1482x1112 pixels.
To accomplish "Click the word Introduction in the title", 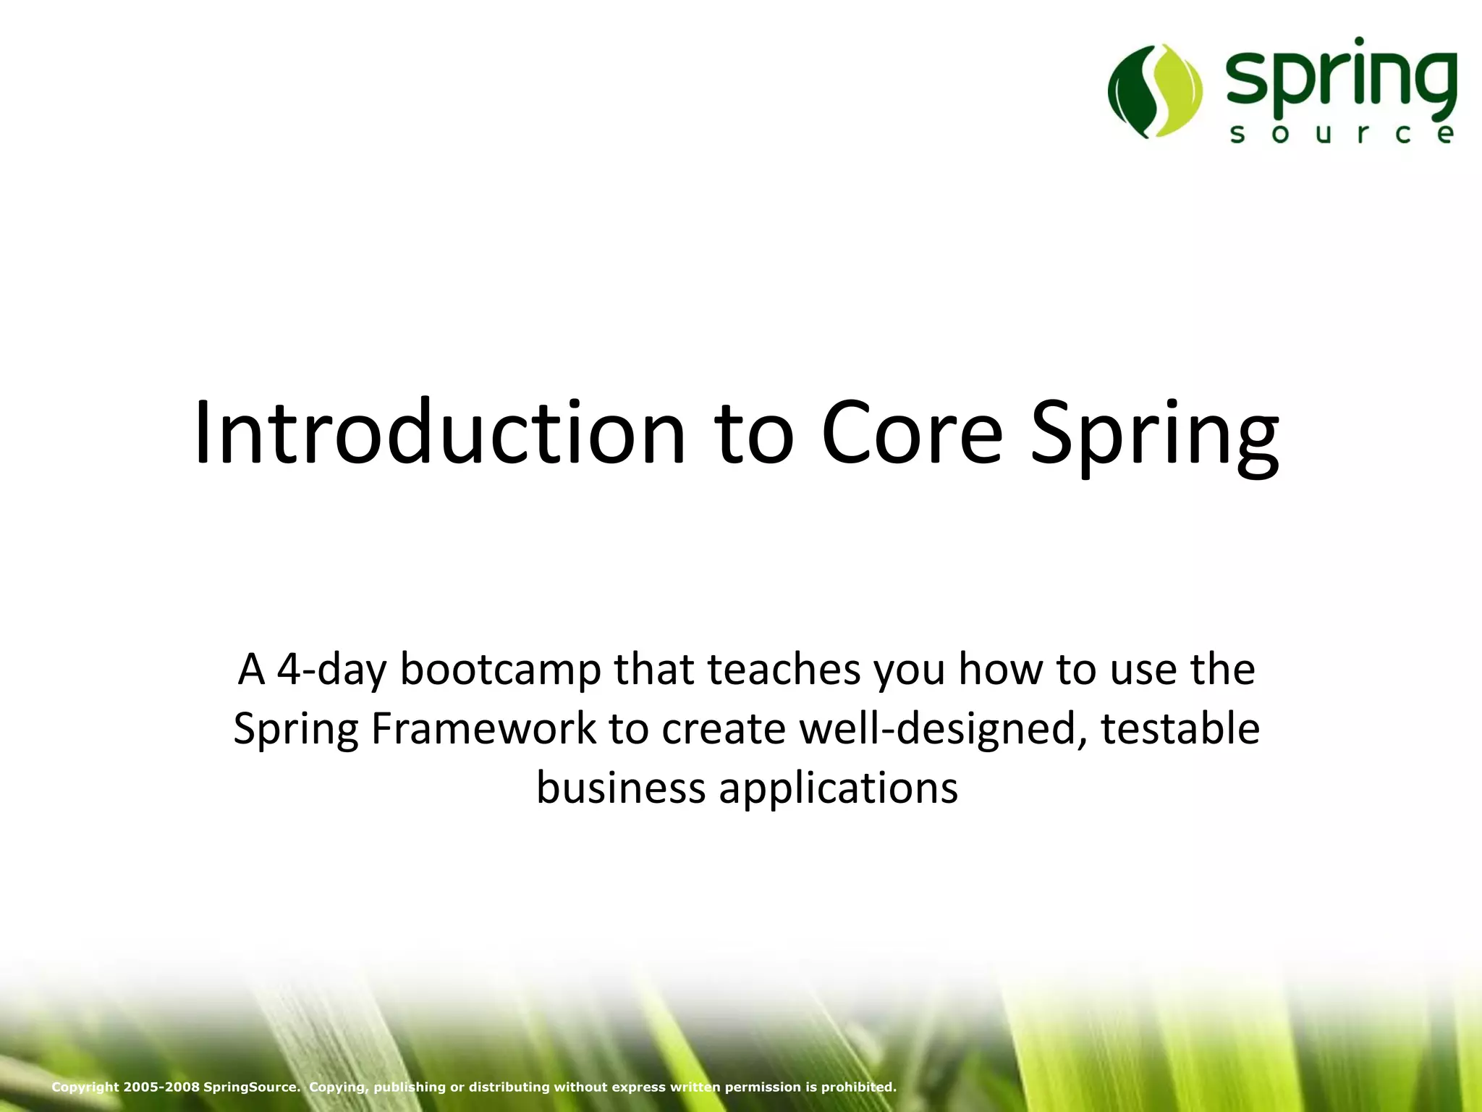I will click(x=439, y=432).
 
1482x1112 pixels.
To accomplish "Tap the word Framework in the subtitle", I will click(x=483, y=728).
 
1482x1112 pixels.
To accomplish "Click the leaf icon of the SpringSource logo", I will click(x=1155, y=91).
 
